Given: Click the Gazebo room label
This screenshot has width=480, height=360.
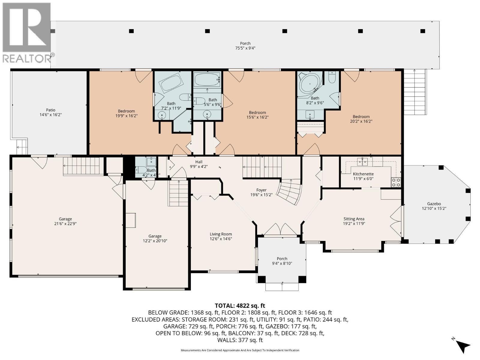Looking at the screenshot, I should pos(434,203).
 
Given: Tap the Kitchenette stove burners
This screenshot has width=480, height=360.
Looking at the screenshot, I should pos(396,182).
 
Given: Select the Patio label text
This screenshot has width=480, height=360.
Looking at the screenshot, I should pos(50,110).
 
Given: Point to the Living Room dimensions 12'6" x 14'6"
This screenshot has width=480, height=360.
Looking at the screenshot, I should pos(221,239).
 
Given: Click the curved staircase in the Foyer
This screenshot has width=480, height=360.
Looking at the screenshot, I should pos(289,191).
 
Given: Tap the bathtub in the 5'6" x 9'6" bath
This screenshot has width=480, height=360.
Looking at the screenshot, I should pos(207,79).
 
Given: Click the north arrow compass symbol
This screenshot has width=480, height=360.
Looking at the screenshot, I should pos(463,346).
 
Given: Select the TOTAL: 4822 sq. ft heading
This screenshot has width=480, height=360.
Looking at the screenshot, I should pos(240,306).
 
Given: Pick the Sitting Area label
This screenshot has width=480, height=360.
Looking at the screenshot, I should pos(354,219).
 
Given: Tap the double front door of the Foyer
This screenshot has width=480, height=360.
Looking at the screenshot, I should pos(280,230).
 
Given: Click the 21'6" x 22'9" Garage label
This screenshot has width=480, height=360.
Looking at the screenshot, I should pos(65,221).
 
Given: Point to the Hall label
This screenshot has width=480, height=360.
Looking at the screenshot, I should pos(199,162).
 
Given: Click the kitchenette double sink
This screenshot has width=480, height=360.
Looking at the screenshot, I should pos(365,162).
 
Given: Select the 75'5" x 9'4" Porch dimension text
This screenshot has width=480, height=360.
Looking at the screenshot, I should pos(245,48).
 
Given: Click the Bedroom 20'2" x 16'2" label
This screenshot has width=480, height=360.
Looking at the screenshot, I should pos(361,119).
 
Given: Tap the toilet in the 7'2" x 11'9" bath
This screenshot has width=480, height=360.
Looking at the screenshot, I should pos(185,97).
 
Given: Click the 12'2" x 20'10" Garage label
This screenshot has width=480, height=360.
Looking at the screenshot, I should pos(155,238).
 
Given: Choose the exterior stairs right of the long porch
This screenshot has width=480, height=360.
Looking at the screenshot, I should pos(415,91).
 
